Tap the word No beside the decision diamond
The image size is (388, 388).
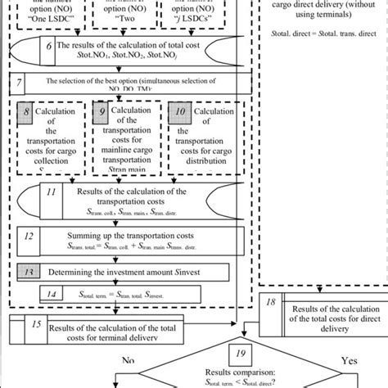pyautogui.click(x=129, y=359)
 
